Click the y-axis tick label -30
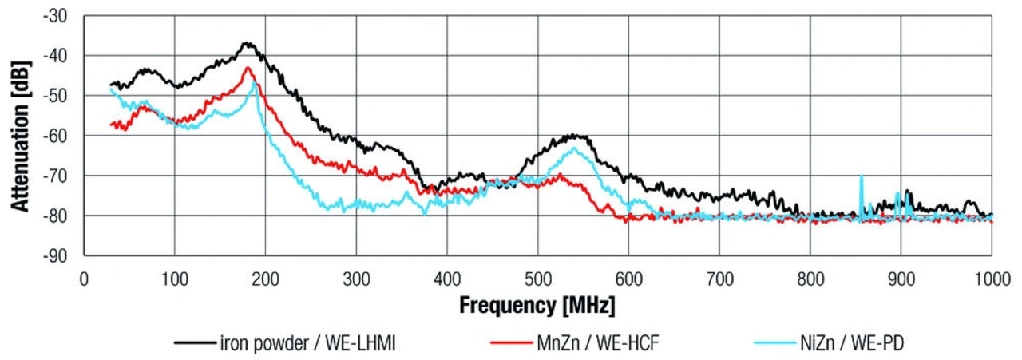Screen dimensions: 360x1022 (58, 16)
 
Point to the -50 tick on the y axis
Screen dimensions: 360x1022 (58, 96)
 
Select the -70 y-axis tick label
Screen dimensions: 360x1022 (58, 176)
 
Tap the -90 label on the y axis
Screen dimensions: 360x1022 (58, 255)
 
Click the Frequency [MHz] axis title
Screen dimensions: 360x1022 (537, 304)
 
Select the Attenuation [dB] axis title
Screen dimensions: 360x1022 (20, 136)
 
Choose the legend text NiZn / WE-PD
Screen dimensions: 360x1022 (851, 343)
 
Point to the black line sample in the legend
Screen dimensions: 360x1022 (194, 344)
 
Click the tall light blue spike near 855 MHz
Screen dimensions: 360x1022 (861, 176)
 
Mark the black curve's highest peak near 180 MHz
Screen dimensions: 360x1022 (248, 43)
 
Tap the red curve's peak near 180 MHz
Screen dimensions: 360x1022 (248, 68)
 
